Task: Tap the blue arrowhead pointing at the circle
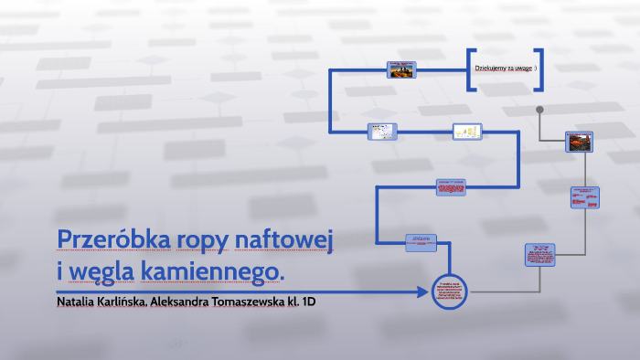423,292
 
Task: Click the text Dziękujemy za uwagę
505,69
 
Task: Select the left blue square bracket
470,69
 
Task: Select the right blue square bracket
539,69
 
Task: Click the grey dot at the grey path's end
540,110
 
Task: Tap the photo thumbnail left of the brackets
401,69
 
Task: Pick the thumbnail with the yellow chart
467,132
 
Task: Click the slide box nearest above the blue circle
421,242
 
